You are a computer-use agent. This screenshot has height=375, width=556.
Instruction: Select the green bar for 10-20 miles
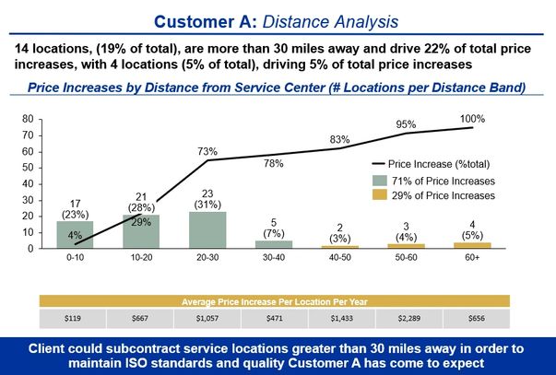[x=141, y=231]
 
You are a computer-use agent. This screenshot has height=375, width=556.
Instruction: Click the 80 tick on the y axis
[x=27, y=119]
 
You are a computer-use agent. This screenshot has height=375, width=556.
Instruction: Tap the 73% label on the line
[x=207, y=151]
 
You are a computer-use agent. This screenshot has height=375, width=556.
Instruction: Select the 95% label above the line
[x=407, y=124]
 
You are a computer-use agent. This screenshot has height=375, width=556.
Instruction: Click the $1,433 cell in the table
[x=341, y=319]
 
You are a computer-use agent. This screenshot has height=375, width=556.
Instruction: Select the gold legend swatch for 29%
[x=382, y=195]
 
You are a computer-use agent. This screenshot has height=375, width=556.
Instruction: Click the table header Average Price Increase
[x=275, y=300]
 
